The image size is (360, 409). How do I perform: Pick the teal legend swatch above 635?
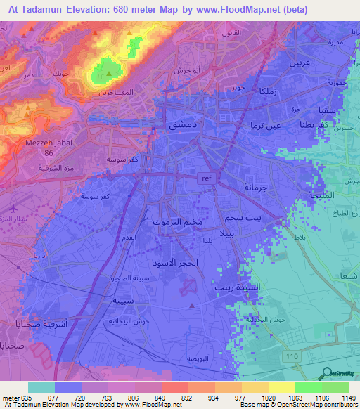pos(41,387)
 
